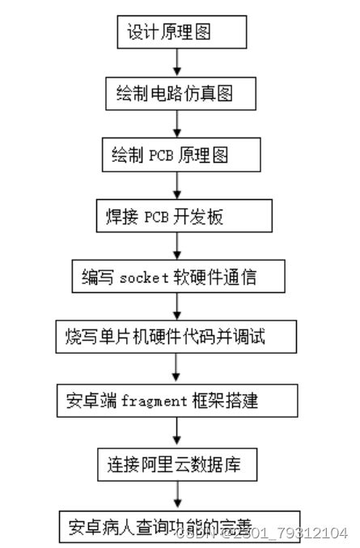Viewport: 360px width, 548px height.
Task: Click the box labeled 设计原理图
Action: pyautogui.click(x=177, y=32)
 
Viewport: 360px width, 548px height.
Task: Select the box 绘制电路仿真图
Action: pyautogui.click(x=177, y=94)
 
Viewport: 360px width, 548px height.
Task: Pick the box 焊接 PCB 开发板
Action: pyautogui.click(x=177, y=217)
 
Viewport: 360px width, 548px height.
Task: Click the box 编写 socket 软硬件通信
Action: pyautogui.click(x=177, y=278)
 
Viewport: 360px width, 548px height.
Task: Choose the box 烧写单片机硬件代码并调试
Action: pyautogui.click(x=177, y=336)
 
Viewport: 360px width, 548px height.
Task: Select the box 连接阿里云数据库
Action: pyautogui.click(x=177, y=465)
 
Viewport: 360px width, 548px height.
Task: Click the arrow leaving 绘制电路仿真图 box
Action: pyautogui.click(x=177, y=124)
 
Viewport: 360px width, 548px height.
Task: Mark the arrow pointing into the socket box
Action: pyautogui.click(x=177, y=247)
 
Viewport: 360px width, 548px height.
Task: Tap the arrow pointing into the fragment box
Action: pyautogui.click(x=177, y=368)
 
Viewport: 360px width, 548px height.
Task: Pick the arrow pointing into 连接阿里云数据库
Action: pyautogui.click(x=177, y=432)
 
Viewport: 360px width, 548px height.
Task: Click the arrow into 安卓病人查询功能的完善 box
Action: pyautogui.click(x=177, y=495)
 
